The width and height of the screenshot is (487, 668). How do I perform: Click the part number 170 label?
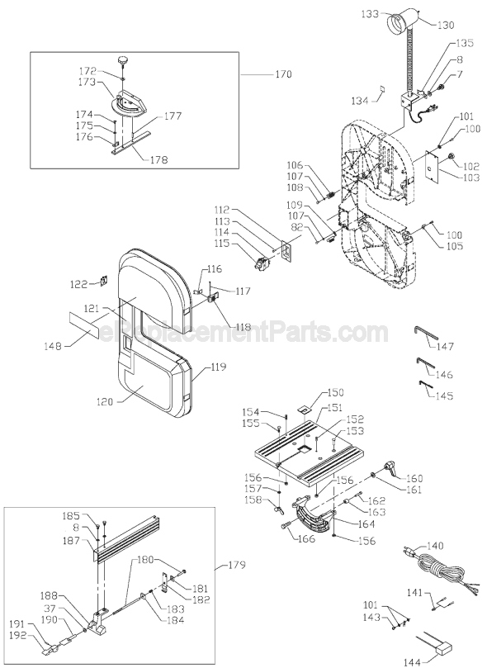(283, 74)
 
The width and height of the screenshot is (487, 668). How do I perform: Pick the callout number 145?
(444, 396)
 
